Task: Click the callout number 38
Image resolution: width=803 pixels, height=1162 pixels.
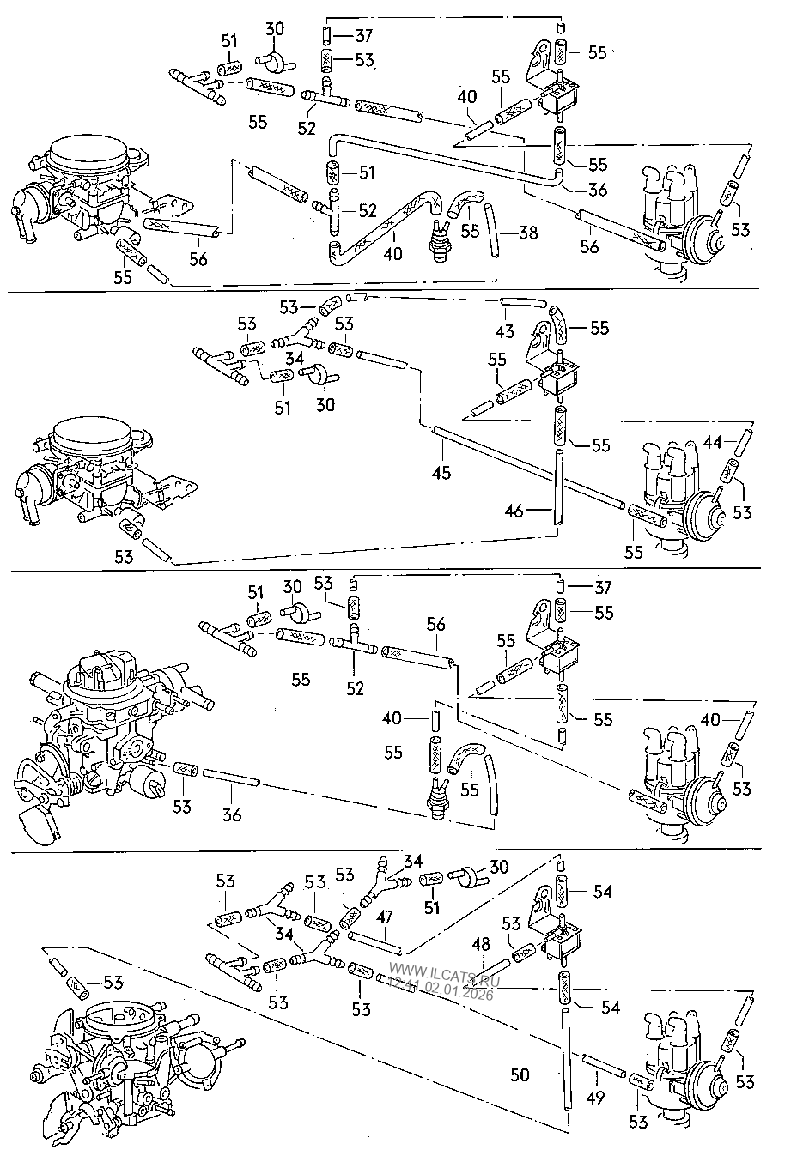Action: (x=528, y=232)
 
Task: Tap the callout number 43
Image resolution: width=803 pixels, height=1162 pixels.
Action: (x=505, y=330)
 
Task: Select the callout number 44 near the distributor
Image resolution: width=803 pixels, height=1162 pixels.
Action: (x=712, y=443)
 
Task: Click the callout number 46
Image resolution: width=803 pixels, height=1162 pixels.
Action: (x=514, y=511)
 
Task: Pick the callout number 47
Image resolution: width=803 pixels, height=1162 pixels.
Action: (x=383, y=917)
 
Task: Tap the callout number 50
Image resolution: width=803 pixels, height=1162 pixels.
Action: (x=520, y=1074)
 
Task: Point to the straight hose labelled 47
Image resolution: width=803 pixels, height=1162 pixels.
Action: (x=376, y=943)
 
